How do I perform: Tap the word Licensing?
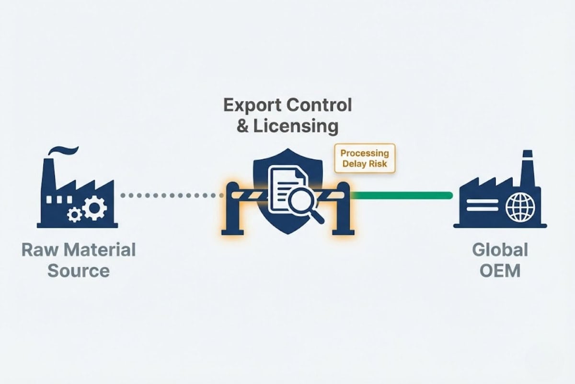click(296, 127)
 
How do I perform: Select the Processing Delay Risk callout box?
click(365, 158)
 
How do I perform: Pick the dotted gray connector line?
click(172, 195)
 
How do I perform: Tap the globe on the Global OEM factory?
click(520, 207)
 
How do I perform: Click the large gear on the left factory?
click(94, 208)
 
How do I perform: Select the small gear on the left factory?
click(74, 215)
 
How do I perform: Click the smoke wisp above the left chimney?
click(63, 150)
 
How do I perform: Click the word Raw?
click(40, 250)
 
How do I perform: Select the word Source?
click(79, 271)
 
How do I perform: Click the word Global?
click(500, 250)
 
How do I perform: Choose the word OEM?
click(500, 271)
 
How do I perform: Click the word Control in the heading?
click(319, 105)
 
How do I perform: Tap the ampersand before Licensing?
click(242, 126)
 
